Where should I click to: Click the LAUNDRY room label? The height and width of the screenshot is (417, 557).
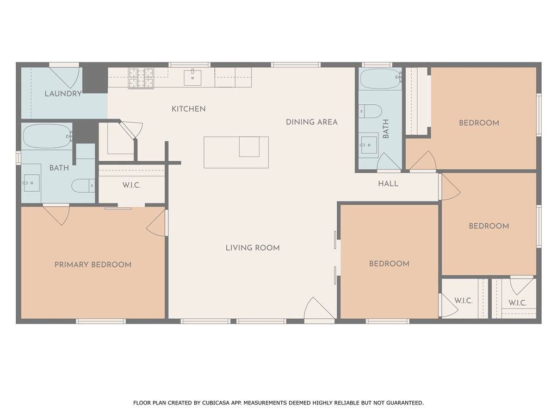coord(63,94)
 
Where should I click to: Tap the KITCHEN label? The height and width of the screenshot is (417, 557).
coord(189,109)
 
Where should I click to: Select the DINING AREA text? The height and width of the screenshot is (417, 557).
coord(312,122)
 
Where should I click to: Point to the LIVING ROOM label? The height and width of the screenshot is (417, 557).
coord(252,248)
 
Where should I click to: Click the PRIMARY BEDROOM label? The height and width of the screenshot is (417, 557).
coord(92,264)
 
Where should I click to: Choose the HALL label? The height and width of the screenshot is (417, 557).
coord(388,184)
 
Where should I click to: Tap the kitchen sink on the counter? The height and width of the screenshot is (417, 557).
coord(193,78)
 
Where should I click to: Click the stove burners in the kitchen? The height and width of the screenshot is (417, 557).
coord(141,78)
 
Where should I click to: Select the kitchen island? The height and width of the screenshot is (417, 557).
coord(236,152)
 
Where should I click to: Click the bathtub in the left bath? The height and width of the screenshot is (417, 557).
coord(47,136)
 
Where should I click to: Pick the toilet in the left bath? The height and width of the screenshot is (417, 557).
coord(83,186)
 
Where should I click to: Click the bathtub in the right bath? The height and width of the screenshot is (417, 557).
coord(380,78)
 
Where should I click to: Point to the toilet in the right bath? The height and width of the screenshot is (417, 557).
coord(370,111)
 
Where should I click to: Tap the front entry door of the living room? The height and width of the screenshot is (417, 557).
coord(319,309)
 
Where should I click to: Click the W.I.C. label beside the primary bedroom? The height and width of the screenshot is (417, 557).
coord(132,186)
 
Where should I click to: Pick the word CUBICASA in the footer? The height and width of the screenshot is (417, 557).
coord(215,403)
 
